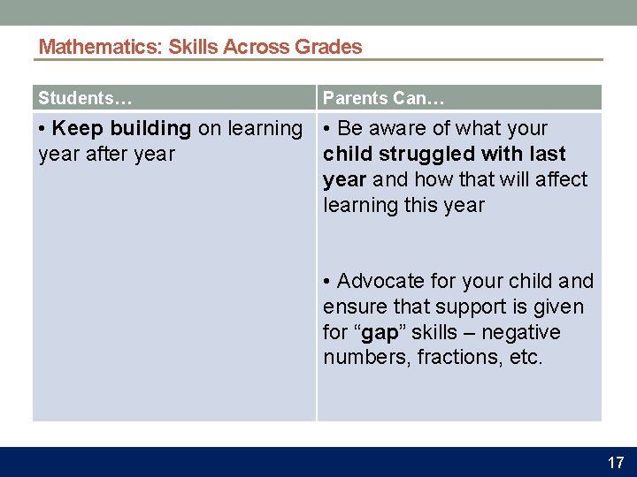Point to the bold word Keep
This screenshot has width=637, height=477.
point(78,129)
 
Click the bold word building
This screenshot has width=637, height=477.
point(150,129)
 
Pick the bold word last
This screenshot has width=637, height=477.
point(548,155)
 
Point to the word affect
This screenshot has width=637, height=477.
point(561,180)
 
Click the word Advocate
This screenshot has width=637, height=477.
point(380,282)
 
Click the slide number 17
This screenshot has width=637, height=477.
point(615,462)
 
